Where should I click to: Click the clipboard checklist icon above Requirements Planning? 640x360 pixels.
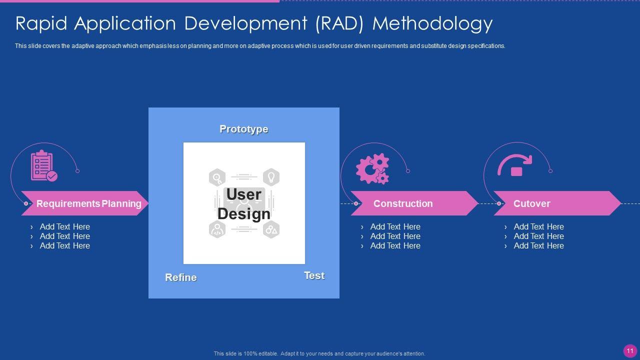(x=44, y=165)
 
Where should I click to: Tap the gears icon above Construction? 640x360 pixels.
(x=372, y=168)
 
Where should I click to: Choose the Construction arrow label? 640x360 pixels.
(x=403, y=203)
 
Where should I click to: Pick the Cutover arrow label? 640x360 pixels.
(x=531, y=203)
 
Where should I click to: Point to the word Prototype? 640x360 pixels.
(x=244, y=129)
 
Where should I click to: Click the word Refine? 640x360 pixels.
(x=180, y=277)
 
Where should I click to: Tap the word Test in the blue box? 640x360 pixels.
(x=314, y=275)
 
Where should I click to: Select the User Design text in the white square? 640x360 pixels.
(x=244, y=204)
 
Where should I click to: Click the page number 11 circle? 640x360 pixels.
(x=630, y=351)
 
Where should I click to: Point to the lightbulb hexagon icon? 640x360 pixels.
(x=271, y=177)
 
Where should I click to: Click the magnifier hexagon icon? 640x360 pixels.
(x=217, y=177)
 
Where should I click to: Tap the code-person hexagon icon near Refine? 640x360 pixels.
(x=217, y=230)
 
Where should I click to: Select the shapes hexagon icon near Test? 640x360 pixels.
(x=271, y=230)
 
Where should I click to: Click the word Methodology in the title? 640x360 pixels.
(x=433, y=23)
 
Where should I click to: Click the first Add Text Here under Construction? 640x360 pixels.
(x=395, y=226)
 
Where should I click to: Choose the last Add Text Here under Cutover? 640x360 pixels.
(x=538, y=245)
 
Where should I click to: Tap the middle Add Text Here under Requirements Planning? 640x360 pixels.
(x=64, y=236)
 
